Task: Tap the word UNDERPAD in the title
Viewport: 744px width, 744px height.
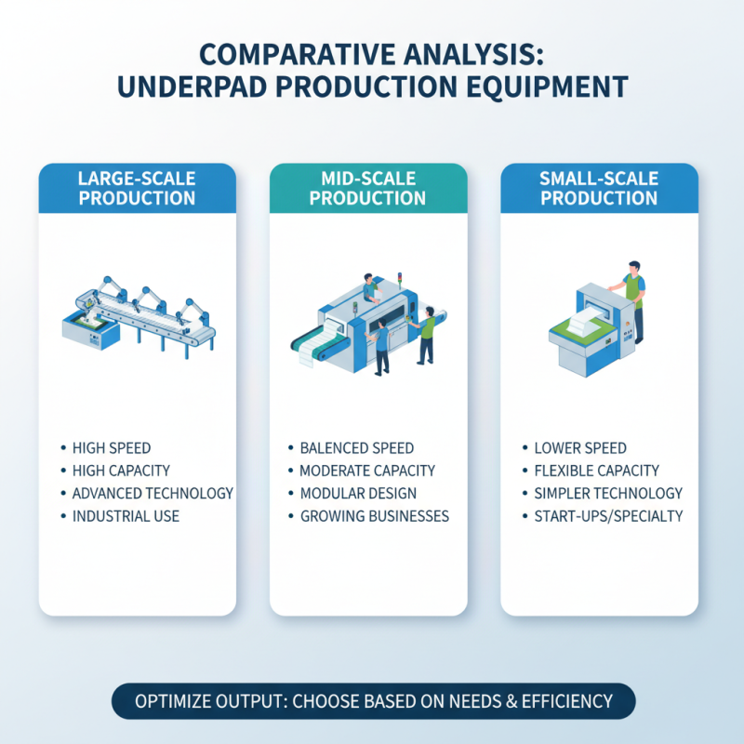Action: (x=192, y=86)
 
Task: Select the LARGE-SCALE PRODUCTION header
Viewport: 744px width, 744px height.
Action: (x=137, y=189)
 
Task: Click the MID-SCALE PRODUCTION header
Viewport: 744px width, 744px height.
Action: (x=367, y=189)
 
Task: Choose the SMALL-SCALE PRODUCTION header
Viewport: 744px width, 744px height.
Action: (x=599, y=189)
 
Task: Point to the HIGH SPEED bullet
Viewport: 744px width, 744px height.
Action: (x=112, y=448)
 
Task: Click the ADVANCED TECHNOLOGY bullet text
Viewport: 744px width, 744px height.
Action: (x=153, y=494)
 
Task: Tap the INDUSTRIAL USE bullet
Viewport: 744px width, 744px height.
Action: (x=126, y=516)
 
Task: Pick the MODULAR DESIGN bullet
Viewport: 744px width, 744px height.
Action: (x=358, y=494)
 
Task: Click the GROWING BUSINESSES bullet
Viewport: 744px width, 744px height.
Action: (x=375, y=516)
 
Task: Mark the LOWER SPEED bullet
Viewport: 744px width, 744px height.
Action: (x=580, y=448)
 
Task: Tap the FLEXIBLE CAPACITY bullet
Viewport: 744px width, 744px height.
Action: (x=596, y=471)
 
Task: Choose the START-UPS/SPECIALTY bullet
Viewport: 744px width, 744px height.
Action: (x=608, y=516)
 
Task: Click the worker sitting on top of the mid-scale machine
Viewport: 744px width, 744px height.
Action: (x=371, y=287)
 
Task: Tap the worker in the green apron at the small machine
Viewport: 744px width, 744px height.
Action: (x=630, y=300)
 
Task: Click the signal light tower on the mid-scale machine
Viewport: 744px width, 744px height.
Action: (x=400, y=280)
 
